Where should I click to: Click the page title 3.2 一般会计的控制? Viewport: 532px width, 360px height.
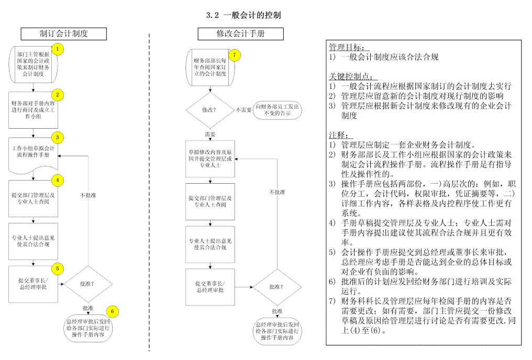click(x=243, y=15)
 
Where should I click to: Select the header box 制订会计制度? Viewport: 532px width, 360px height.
click(x=63, y=34)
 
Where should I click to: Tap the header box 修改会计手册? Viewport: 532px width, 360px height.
click(x=240, y=34)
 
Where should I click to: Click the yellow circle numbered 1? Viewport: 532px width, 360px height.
click(x=58, y=50)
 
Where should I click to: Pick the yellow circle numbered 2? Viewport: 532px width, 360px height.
click(x=58, y=95)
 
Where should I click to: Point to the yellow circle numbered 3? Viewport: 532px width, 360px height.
click(x=58, y=138)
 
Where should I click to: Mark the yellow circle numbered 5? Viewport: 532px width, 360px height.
click(x=58, y=268)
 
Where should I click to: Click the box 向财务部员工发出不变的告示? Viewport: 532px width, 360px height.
click(x=278, y=110)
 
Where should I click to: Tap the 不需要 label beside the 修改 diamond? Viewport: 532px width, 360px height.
click(x=243, y=110)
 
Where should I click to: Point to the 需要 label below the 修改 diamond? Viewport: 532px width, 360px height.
click(x=210, y=134)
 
